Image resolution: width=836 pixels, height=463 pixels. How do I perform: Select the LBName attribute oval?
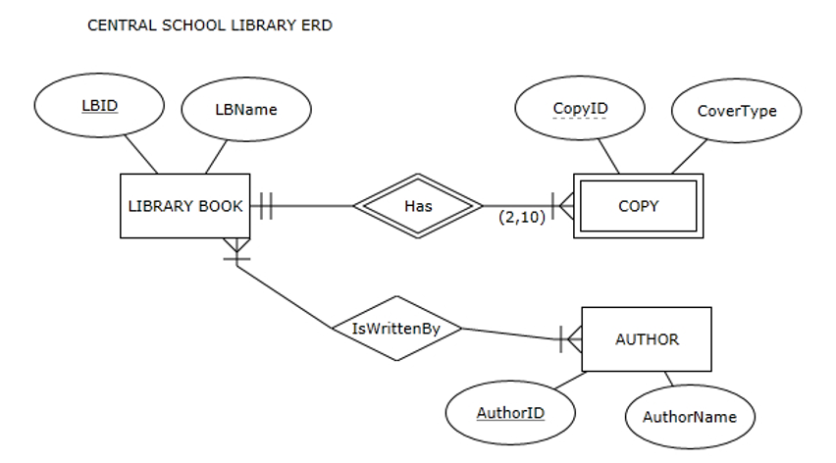[x=245, y=109]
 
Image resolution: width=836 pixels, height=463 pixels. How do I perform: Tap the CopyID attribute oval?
[x=580, y=109]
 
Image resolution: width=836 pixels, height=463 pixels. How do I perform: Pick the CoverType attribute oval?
[x=736, y=111]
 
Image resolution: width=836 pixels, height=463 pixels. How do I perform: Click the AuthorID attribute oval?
[x=510, y=412]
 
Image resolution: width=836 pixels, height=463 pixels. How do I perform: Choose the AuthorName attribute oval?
[x=690, y=417]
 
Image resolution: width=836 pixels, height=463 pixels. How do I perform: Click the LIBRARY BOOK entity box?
[x=185, y=206]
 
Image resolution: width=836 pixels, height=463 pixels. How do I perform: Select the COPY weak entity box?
[x=639, y=206]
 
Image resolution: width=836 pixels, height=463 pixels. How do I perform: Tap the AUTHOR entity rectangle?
[x=646, y=339]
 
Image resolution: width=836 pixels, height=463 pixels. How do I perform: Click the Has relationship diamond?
[x=418, y=206]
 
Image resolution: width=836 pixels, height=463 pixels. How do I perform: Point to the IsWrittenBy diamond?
[x=395, y=329]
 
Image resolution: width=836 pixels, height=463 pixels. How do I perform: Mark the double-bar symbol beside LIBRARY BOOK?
[x=264, y=206]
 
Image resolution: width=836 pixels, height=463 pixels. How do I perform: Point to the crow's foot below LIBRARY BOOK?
[x=236, y=249]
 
